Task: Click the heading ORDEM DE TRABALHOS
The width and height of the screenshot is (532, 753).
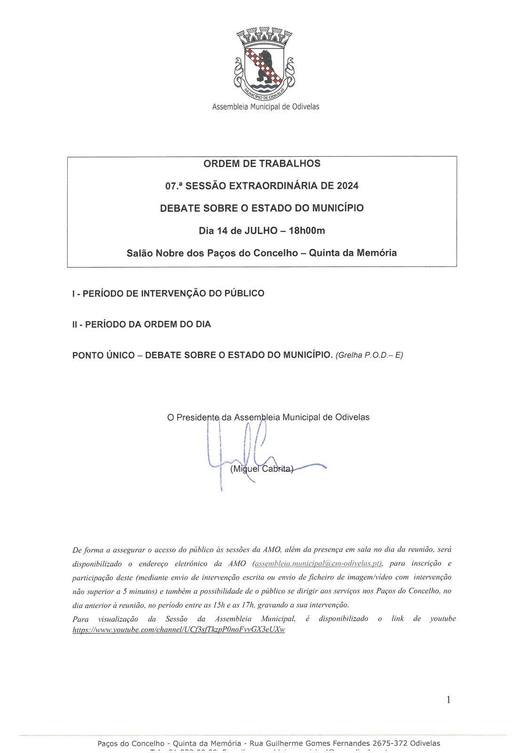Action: pos(262,164)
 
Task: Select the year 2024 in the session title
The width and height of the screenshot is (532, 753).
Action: pos(348,186)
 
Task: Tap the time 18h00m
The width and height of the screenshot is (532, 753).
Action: pos(307,231)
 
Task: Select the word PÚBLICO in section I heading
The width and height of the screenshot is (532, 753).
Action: pos(244,293)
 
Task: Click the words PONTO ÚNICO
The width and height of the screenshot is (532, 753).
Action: pos(103,355)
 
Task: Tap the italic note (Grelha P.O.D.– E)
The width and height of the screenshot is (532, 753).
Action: pos(369,355)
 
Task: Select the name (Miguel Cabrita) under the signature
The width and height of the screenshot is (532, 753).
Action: pos(262,469)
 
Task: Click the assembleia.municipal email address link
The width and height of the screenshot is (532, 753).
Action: pos(318,563)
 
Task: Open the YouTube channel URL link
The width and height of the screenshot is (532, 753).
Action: pos(179,630)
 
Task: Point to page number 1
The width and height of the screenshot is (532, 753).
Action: pos(448,700)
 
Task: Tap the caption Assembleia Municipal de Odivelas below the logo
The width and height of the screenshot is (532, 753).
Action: pos(266,107)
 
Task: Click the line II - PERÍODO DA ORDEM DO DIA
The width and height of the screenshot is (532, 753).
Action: pos(142,324)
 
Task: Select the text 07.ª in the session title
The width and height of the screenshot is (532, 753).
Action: pos(174,186)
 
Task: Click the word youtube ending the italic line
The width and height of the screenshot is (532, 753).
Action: pos(443,618)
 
